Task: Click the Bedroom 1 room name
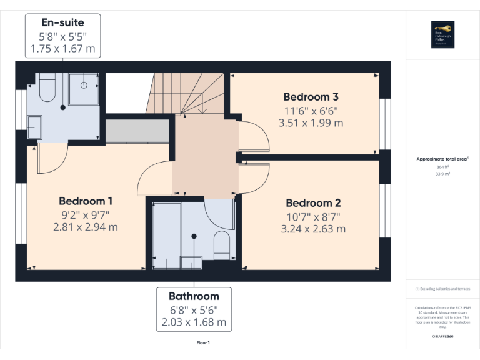[x=86, y=201]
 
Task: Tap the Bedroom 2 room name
[x=312, y=203]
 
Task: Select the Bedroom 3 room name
[x=311, y=97]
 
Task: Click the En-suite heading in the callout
[x=62, y=23]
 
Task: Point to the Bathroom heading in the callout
[x=194, y=296]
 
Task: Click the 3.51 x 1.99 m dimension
[x=311, y=123]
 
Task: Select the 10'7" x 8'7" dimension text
[x=312, y=216]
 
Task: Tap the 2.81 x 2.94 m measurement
[x=86, y=227]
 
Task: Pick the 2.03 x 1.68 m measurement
[x=194, y=322]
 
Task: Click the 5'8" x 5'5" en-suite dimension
[x=62, y=36]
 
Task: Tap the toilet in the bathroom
[x=222, y=244]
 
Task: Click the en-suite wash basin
[x=33, y=127]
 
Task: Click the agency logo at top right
[x=442, y=34]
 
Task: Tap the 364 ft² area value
[x=442, y=167]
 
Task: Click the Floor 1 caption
[x=202, y=342]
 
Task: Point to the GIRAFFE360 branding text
[x=442, y=337]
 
